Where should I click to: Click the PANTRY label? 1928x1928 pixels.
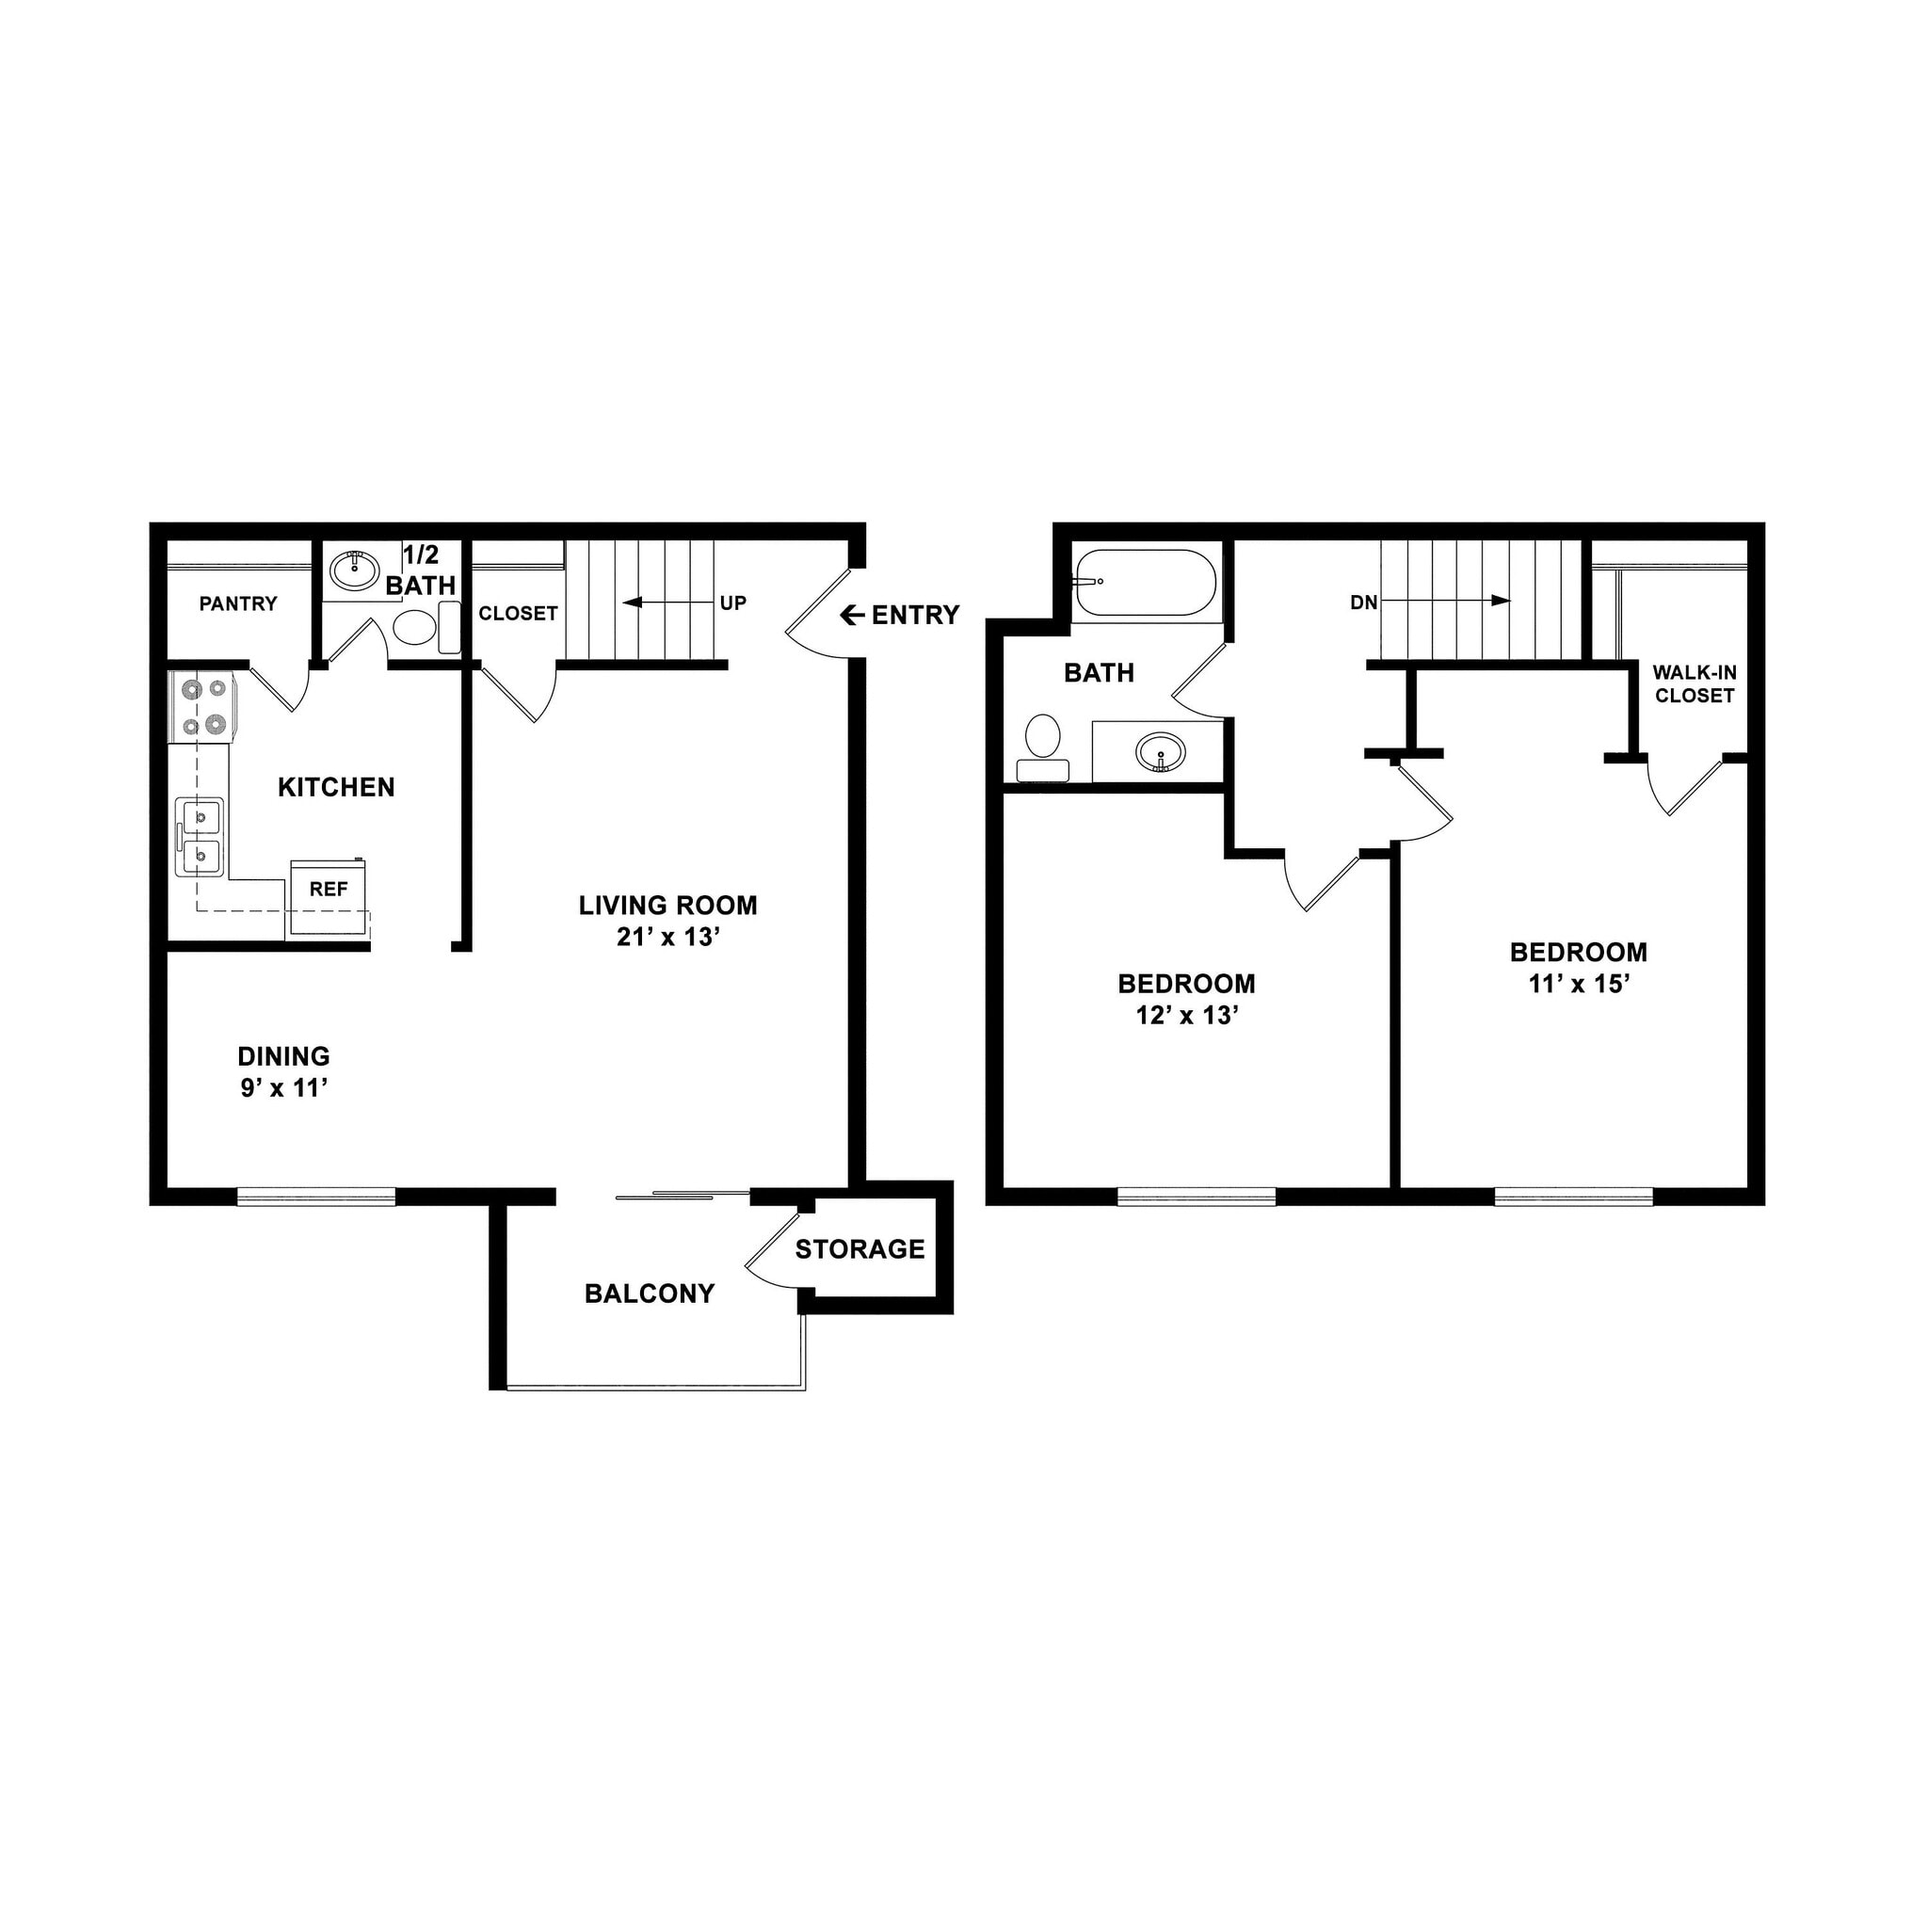[237, 603]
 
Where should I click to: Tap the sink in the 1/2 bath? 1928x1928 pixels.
[351, 570]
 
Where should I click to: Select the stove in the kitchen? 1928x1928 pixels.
[201, 707]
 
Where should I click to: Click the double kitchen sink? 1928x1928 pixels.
[201, 836]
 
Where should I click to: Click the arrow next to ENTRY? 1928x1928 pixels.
[851, 616]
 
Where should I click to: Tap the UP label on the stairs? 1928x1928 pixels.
[732, 603]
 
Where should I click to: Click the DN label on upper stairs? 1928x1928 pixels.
[1363, 602]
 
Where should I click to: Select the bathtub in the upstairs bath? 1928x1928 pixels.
[1145, 582]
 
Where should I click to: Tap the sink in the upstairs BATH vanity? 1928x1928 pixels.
[1161, 751]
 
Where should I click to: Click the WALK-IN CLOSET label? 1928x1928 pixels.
[1694, 684]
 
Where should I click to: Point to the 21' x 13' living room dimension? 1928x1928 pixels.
[667, 937]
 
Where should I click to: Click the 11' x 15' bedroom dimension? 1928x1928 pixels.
[1578, 984]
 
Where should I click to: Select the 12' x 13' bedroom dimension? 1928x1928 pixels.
[1186, 1015]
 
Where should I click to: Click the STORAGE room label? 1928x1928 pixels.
[860, 1249]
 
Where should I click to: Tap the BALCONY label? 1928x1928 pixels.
[650, 1293]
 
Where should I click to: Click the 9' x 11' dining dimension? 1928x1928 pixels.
[284, 1087]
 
